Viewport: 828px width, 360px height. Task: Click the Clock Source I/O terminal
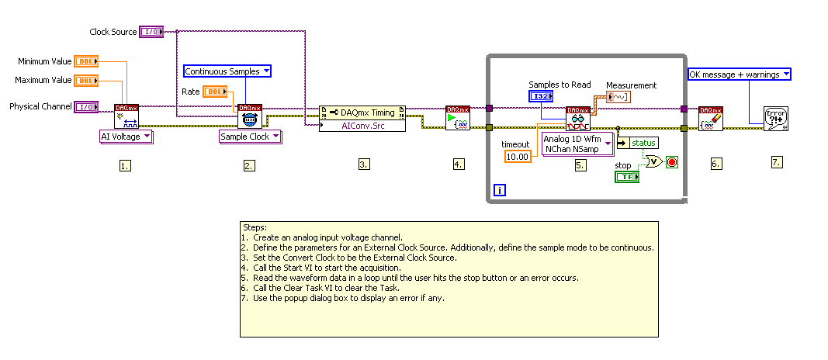(150, 32)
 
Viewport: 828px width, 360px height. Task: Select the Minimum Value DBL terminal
(84, 61)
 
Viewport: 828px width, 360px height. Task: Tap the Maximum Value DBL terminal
(84, 80)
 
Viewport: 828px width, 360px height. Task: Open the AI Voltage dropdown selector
(126, 137)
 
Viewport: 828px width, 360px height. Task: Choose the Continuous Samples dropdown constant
(227, 71)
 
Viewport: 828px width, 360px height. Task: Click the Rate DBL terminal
(214, 92)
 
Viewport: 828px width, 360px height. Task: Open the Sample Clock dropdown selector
(250, 137)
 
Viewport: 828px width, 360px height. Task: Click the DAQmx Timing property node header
(362, 112)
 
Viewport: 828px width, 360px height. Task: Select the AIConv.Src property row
(362, 125)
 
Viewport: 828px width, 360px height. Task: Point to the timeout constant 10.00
(517, 157)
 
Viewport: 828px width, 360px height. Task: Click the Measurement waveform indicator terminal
(618, 97)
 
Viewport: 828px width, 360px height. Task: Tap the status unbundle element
(637, 143)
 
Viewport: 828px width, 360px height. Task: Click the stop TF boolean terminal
(626, 177)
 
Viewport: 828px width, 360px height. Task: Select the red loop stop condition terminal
(672, 162)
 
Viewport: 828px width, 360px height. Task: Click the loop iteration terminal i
(500, 190)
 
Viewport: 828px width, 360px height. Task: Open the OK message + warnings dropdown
(740, 74)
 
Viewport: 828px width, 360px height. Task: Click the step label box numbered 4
(459, 164)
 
